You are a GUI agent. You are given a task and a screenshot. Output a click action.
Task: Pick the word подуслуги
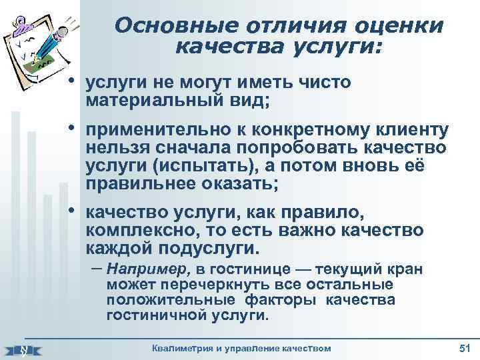(214, 249)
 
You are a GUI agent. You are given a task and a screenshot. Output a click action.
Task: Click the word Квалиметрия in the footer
(184, 349)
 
